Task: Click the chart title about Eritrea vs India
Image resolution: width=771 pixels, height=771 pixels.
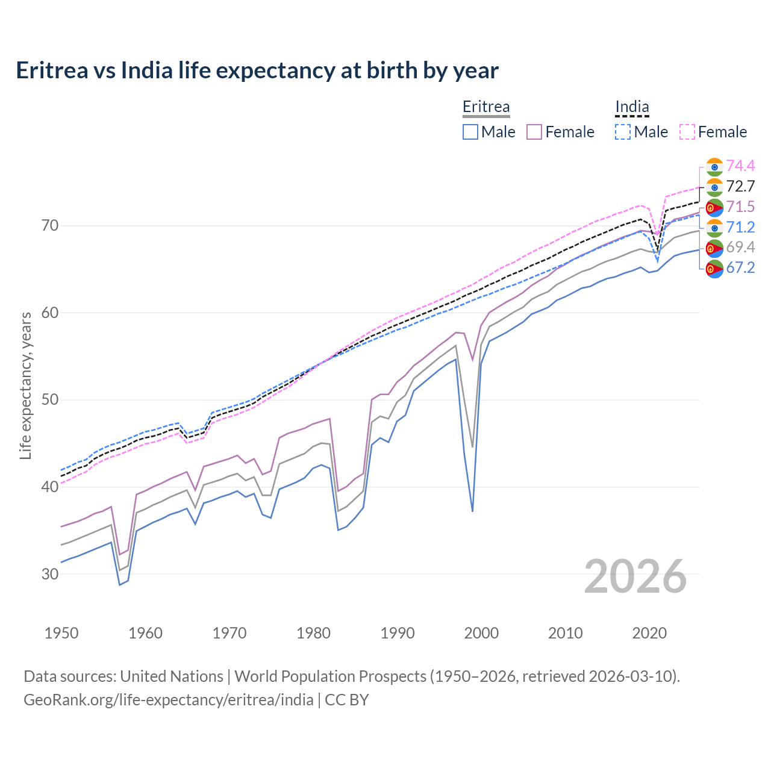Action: (x=257, y=70)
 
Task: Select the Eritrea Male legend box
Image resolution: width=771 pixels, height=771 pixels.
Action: (x=470, y=132)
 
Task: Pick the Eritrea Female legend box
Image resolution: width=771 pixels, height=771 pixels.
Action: (x=534, y=132)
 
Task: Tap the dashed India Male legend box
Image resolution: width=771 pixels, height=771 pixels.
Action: (x=623, y=132)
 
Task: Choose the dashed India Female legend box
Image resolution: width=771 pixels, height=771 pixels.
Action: (x=687, y=132)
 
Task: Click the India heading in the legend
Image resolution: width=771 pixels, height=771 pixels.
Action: (x=632, y=107)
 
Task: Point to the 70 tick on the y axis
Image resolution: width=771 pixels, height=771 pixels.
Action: (x=50, y=226)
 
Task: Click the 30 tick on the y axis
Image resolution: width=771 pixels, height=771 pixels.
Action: (x=50, y=574)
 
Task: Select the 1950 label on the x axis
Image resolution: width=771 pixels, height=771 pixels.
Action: (x=61, y=633)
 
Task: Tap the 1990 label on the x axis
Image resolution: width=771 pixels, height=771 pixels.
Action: (x=398, y=633)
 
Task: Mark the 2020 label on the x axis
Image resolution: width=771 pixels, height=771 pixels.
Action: (x=649, y=633)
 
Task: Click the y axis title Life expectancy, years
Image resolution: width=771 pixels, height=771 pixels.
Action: (x=26, y=385)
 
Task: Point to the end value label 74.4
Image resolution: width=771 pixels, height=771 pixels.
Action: (x=740, y=166)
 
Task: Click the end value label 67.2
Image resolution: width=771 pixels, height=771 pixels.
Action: (x=740, y=268)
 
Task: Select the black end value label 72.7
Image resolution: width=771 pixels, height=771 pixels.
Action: (x=740, y=186)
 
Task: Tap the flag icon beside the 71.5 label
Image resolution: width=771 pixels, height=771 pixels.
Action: (x=714, y=207)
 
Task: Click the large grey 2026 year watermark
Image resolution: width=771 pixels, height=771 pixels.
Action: (x=635, y=576)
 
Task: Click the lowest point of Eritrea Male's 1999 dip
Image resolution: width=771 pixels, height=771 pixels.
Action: (x=473, y=511)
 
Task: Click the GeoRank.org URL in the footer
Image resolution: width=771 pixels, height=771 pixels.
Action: (x=169, y=700)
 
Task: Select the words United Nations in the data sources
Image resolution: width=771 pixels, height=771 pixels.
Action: (x=172, y=676)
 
